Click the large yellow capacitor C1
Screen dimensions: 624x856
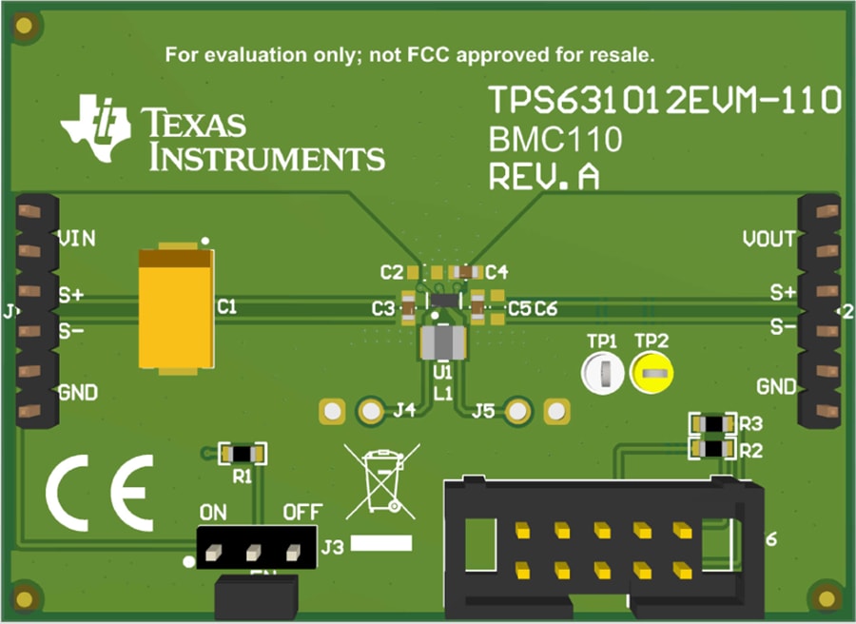[x=176, y=308]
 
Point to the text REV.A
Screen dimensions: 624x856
[x=544, y=178]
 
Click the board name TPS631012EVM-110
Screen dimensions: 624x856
[x=665, y=100]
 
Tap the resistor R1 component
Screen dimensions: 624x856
[x=242, y=452]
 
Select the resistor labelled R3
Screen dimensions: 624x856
[x=713, y=422]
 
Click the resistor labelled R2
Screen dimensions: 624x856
[x=713, y=447]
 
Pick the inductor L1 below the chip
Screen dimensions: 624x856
[x=443, y=342]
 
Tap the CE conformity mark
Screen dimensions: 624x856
[x=100, y=492]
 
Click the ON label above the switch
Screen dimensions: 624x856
[x=213, y=513]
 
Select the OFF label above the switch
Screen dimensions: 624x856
[x=302, y=513]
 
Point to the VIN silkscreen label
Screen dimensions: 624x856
[x=77, y=239]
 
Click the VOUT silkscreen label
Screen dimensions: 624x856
[x=768, y=239]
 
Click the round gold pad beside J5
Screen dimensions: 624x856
[x=517, y=411]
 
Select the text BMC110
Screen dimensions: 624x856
[x=555, y=141]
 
